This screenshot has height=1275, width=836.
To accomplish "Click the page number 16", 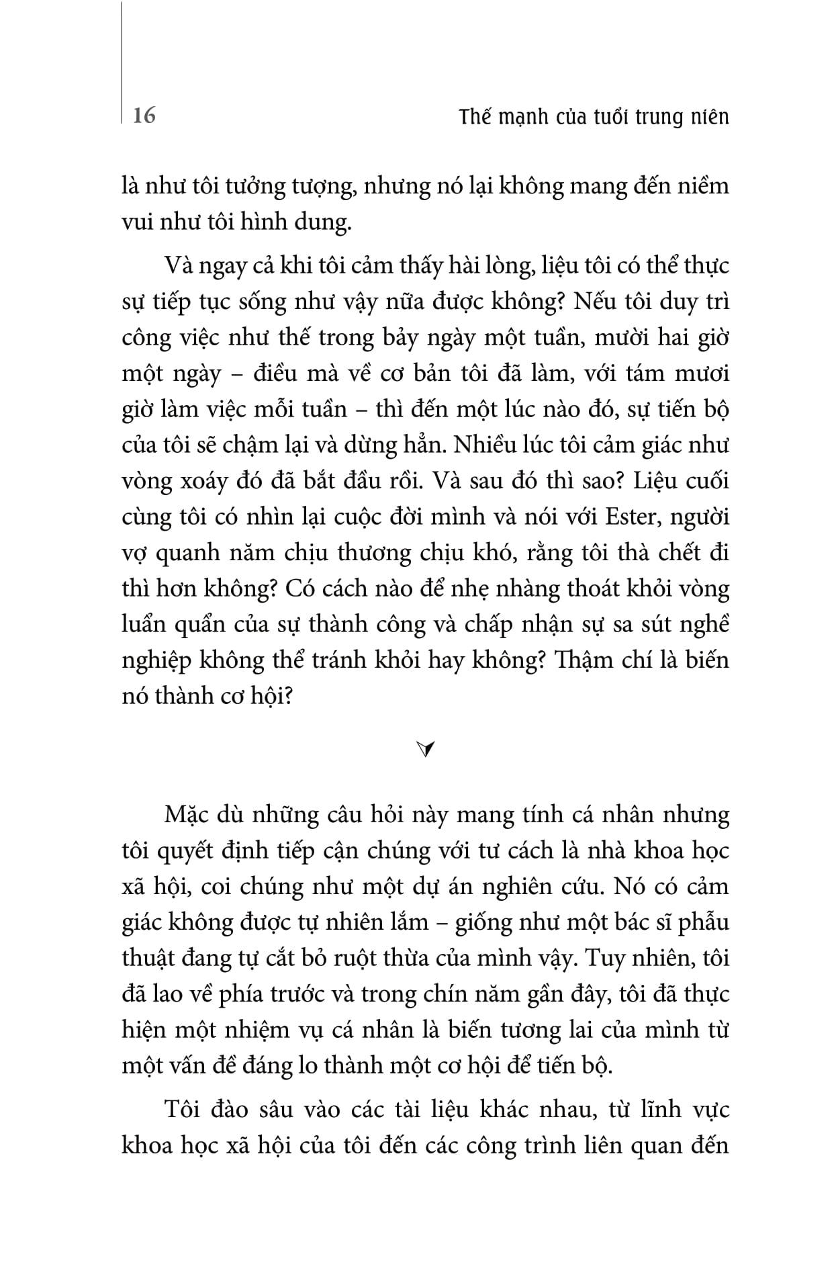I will tap(144, 116).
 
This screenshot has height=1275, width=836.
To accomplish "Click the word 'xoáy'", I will tap(208, 482).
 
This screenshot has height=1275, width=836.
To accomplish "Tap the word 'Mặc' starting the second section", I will tap(185, 815).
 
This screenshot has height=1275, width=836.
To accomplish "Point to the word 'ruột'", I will tap(355, 958).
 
